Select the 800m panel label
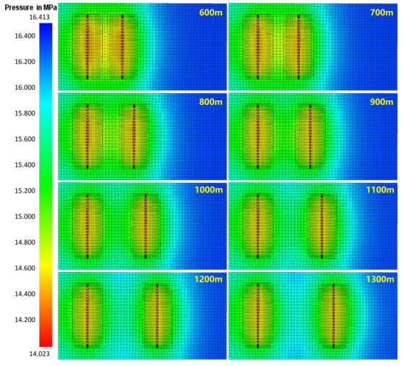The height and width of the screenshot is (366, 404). [x=209, y=102]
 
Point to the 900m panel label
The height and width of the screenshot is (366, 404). [x=379, y=102]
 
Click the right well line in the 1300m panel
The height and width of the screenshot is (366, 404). [x=333, y=315]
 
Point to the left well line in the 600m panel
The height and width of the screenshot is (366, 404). [x=87, y=46]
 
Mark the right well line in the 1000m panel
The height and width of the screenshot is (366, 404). [x=145, y=225]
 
